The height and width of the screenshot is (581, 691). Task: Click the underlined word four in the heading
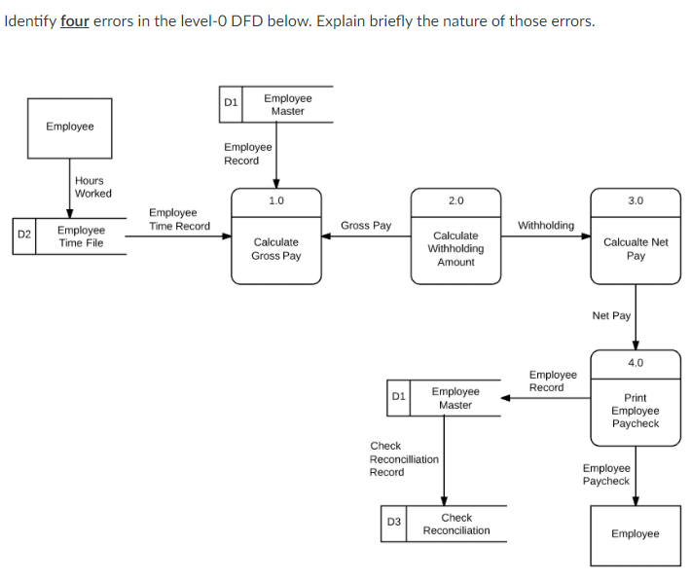pos(75,21)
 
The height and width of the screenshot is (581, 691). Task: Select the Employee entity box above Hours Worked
pos(69,127)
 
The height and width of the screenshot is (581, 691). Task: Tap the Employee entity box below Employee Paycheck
pos(635,534)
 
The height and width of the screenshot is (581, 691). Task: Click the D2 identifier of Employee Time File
pos(24,236)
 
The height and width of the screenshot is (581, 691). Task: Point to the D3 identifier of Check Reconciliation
pos(393,523)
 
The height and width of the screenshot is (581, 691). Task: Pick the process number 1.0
pos(275,200)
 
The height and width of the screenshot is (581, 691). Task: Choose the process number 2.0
pos(455,200)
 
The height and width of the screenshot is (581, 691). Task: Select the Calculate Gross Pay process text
pos(275,248)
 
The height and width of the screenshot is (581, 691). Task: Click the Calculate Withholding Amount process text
pos(455,248)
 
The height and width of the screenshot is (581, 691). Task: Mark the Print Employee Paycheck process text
pos(635,411)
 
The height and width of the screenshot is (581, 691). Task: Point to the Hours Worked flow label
pos(93,187)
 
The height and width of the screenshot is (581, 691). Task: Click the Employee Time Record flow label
pos(179,219)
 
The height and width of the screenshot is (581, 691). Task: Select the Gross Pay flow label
pos(366,226)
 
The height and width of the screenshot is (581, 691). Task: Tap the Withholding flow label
pos(545,226)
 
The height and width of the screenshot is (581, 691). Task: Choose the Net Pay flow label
pos(611,315)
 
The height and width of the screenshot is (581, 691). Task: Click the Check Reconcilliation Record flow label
pos(403,458)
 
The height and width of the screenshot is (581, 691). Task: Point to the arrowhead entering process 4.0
pos(636,344)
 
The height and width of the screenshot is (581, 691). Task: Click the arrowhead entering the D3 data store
pos(445,500)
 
